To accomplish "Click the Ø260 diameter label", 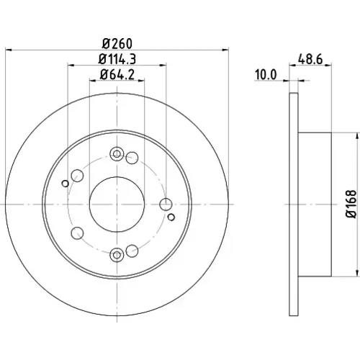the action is point(117,44).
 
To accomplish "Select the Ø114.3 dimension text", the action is point(117,59).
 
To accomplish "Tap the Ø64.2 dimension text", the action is point(117,74).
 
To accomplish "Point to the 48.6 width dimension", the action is point(310,59).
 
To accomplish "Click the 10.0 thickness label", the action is point(266,75).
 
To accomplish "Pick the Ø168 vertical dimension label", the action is point(351,204).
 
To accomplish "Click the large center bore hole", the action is point(117,204).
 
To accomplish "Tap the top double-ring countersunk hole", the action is point(117,154).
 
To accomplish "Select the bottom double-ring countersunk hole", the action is point(117,255).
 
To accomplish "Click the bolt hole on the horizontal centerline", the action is point(166,204).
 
